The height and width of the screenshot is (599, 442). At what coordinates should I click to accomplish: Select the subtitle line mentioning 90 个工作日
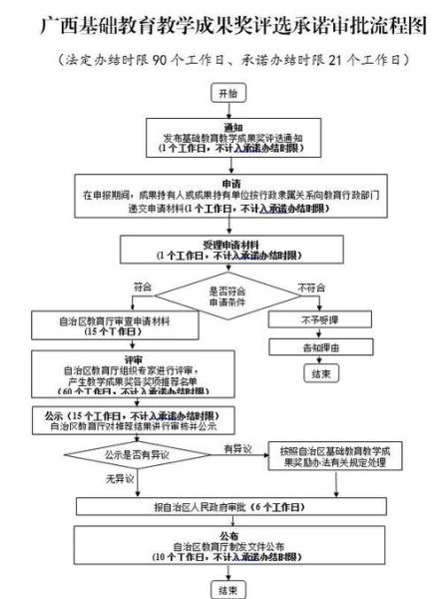point(221,61)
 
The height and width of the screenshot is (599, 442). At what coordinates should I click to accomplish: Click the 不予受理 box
point(320,320)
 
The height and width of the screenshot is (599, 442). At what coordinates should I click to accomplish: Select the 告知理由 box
point(320,347)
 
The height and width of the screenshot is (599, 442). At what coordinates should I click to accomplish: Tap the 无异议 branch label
point(119,480)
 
